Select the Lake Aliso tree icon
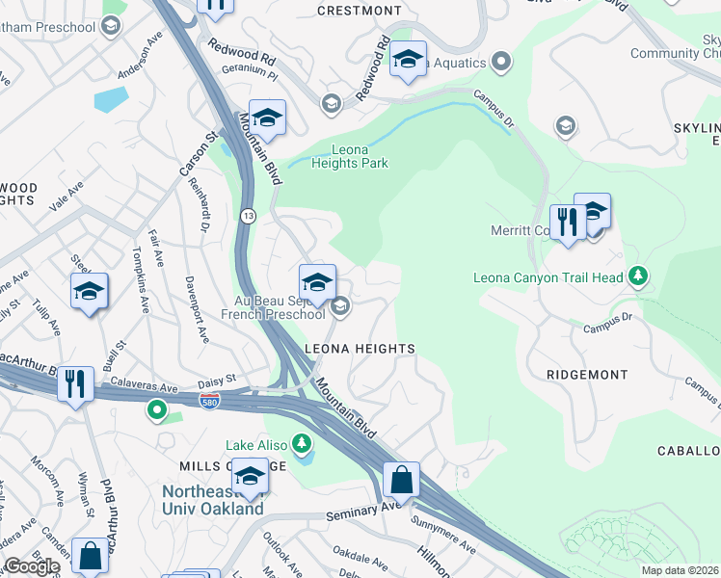coord(303,443)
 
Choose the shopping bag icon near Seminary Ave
coord(401,479)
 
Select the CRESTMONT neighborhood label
coord(359,11)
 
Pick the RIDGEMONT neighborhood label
coord(586,374)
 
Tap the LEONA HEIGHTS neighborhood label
coord(360,349)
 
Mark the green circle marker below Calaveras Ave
coord(156,412)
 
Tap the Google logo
coord(32,566)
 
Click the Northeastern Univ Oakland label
coord(212,500)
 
